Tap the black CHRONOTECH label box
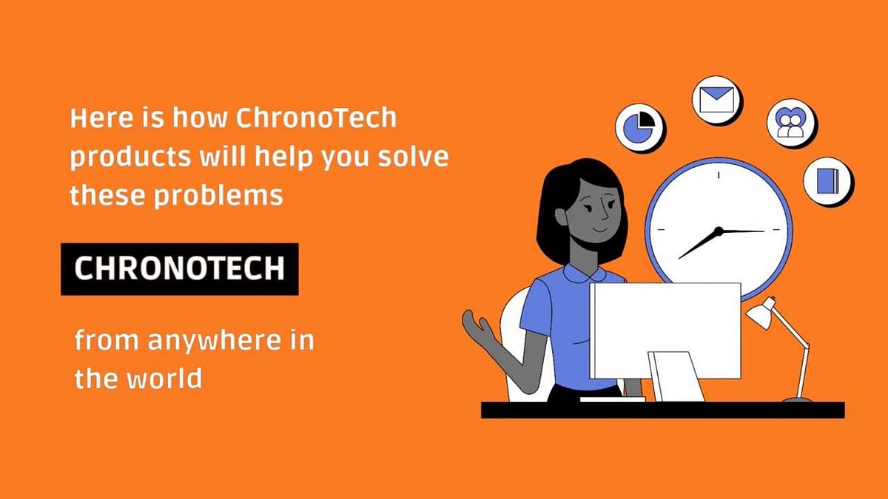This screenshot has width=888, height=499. coord(179,268)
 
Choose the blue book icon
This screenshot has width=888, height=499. coord(827,180)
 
